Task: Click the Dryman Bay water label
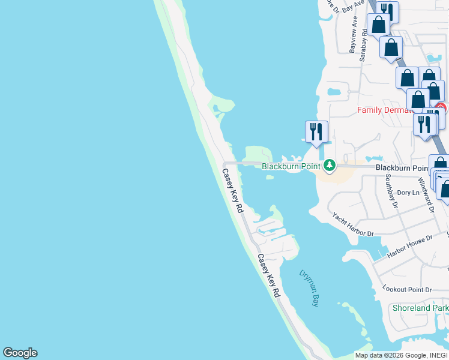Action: [x=309, y=289]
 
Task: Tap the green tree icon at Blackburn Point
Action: [x=329, y=165]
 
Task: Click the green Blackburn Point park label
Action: [x=290, y=166]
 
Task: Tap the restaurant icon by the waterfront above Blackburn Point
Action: [x=316, y=131]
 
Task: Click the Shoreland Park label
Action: [x=420, y=308]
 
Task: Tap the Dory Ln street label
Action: [x=408, y=193]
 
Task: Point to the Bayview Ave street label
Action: [x=354, y=34]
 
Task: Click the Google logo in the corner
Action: [x=20, y=353]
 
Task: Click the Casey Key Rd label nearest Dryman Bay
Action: [x=269, y=275]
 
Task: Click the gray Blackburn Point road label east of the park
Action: [x=402, y=169]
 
